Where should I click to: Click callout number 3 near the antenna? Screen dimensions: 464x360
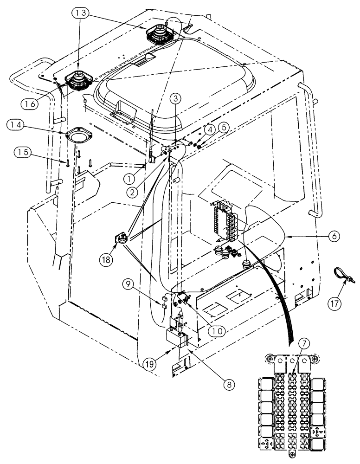tap(175, 98)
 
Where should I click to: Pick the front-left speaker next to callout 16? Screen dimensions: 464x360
tap(77, 82)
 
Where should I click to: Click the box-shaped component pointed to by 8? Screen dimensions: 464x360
tap(177, 338)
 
